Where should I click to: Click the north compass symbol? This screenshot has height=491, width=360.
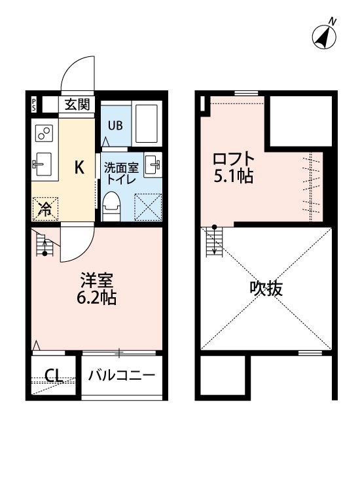[x=324, y=36]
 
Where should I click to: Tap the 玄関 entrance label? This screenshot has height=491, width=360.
[x=77, y=104]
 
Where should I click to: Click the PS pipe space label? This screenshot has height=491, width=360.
[x=34, y=104]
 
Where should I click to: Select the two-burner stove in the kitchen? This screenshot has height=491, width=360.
[x=44, y=133]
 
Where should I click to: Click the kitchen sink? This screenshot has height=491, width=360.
[x=43, y=164]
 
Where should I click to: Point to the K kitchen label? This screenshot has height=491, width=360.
[x=79, y=168]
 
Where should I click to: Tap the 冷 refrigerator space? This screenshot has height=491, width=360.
[x=45, y=209]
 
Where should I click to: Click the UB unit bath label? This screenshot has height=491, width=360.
[x=115, y=126]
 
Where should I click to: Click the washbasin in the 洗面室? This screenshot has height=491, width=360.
[x=153, y=165]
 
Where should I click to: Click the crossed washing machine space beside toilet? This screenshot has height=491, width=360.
[x=148, y=208]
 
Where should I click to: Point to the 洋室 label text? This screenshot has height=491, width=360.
[x=96, y=280]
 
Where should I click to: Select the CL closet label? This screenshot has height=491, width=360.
[x=54, y=375]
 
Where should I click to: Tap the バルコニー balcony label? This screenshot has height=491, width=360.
[x=122, y=375]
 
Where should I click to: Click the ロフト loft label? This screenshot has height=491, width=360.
[x=234, y=159]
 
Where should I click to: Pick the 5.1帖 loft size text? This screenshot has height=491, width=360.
[x=234, y=176]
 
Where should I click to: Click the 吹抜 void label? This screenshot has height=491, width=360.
[x=266, y=289]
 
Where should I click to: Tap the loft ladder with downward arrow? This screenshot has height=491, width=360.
[x=215, y=241]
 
